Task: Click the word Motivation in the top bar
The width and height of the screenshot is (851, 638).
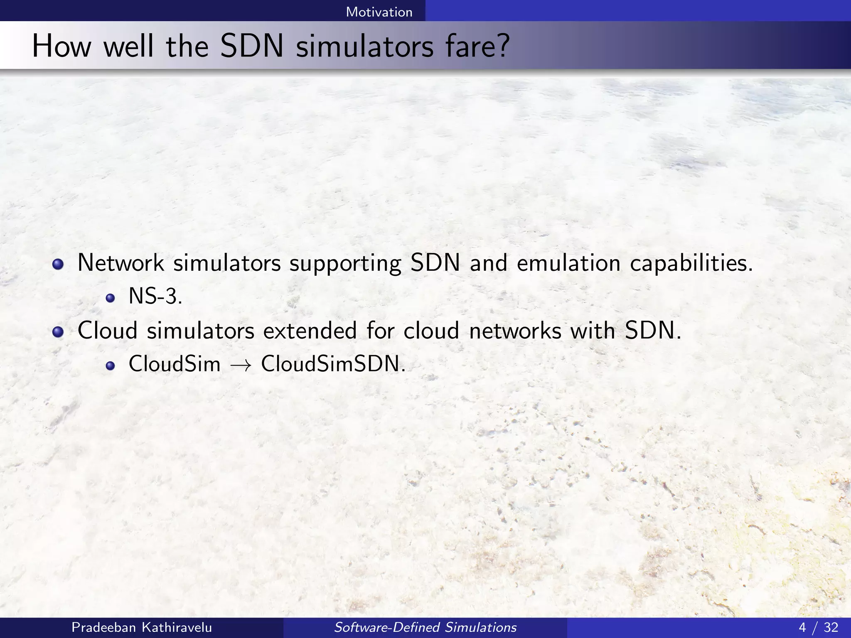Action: pos(379,12)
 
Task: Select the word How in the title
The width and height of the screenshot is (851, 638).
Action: pos(61,47)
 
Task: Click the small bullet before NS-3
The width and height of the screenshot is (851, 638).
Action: pos(110,298)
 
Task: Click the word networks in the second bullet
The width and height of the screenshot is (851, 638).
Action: pos(515,331)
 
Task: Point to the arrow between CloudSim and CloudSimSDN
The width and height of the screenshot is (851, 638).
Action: pos(241,366)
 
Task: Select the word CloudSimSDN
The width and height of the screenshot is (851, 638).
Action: pos(332,364)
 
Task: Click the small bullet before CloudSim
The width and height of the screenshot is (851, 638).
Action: pos(110,366)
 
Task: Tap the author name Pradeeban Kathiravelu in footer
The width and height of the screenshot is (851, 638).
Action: pos(142,627)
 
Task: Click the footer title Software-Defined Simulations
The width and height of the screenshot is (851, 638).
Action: pos(425,627)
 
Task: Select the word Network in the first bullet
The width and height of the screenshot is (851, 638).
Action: pos(121,263)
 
